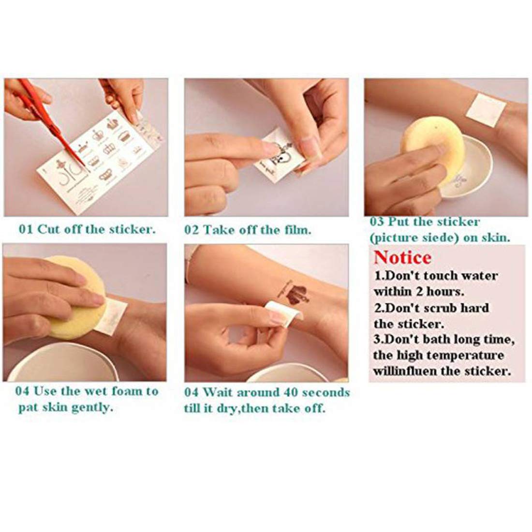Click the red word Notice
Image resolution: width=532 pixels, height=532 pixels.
402,257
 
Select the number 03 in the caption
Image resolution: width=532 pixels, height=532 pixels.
377,222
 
